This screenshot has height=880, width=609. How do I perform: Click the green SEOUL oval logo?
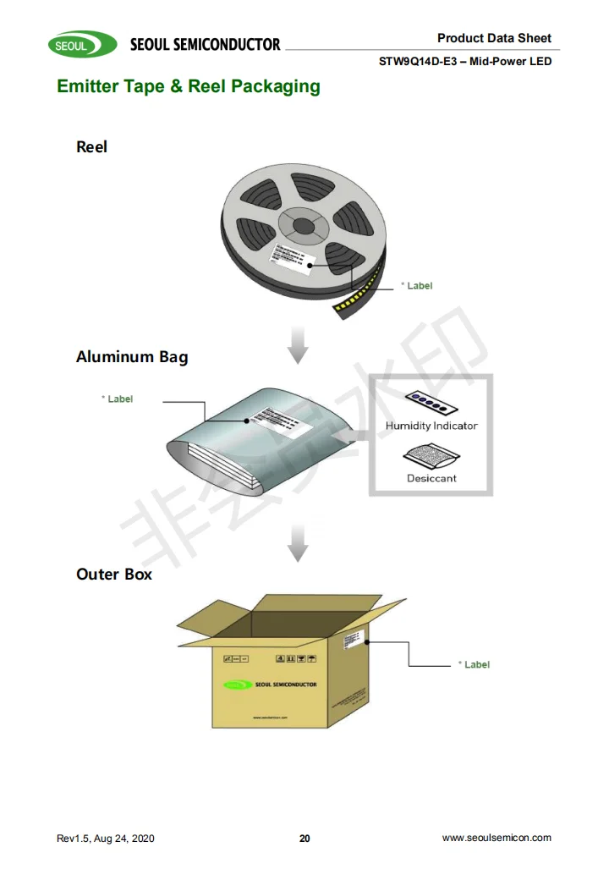82,45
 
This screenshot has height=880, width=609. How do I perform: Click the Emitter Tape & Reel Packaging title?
188,86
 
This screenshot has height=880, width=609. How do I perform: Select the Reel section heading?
91,147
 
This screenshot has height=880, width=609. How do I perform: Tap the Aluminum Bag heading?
132,357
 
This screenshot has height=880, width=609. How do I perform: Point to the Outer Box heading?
114,575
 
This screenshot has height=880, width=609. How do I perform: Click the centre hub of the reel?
301,226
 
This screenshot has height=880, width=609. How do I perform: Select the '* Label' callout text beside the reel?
416,286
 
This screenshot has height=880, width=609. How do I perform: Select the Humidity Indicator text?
431,426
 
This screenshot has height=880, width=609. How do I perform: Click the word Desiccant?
431,479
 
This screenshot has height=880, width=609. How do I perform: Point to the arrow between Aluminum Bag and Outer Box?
297,542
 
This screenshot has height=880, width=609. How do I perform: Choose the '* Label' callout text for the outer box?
474,665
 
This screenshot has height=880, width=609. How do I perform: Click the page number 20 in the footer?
304,839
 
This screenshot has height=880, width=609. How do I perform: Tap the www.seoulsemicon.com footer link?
497,838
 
